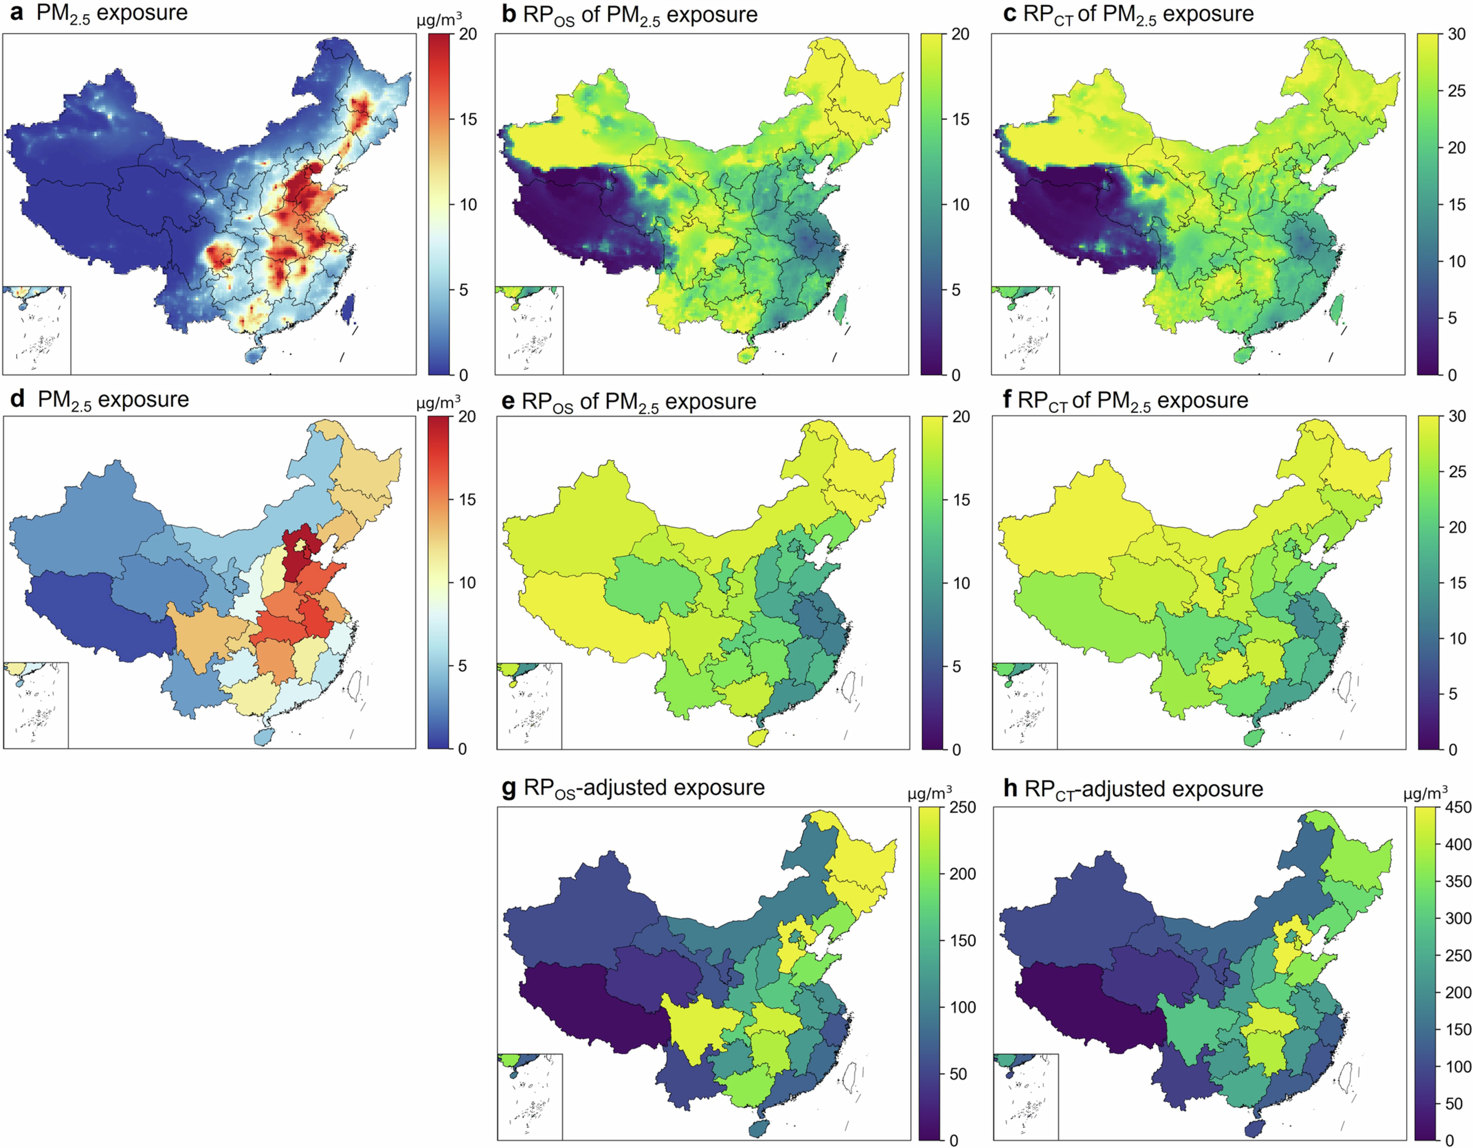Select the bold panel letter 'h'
(1010, 789)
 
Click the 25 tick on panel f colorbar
(1457, 472)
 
